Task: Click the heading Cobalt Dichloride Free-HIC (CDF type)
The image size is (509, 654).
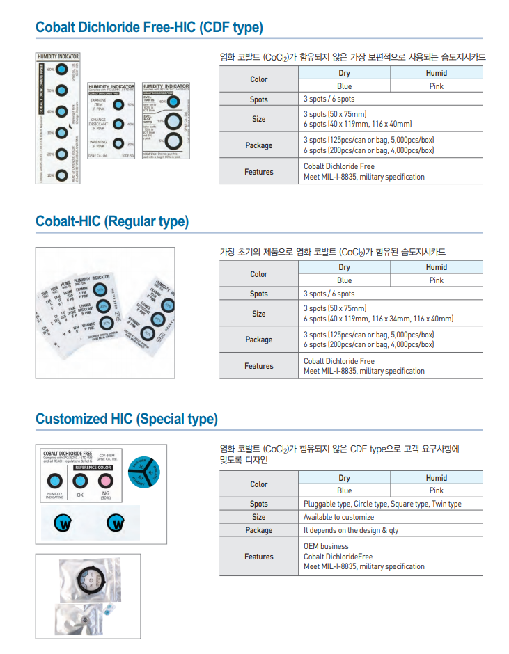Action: pos(149,27)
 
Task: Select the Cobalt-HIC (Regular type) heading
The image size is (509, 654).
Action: pos(112,221)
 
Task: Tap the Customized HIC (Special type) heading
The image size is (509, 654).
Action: pos(127,419)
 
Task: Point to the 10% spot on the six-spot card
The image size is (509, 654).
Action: pos(61,175)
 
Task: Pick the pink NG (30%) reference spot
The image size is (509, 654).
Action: pos(106,480)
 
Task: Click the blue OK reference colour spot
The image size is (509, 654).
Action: pos(80,480)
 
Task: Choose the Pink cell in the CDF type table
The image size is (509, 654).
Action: pos(436,86)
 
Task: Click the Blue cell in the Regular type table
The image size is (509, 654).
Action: pos(344,280)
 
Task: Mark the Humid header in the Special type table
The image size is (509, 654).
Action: pos(436,478)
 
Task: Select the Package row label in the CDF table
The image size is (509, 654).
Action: pos(258,145)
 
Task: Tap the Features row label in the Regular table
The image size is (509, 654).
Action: pos(258,366)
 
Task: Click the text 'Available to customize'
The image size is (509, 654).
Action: pos(338,517)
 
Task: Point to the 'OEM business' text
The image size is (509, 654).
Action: pos(326,546)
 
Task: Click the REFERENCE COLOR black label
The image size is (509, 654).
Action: pos(93,468)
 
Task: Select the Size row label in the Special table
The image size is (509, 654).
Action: pos(258,517)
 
